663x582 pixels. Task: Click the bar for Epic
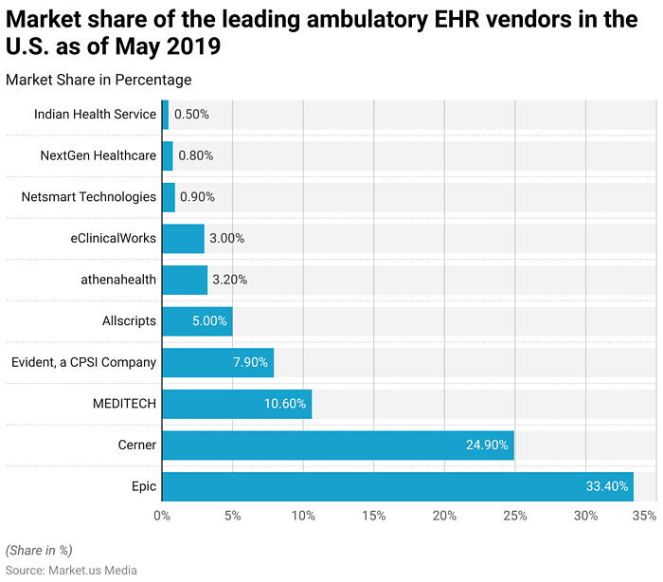[x=397, y=486]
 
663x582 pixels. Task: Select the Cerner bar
[x=337, y=445]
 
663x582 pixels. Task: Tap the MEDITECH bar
[x=237, y=403]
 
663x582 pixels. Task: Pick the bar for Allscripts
[x=197, y=321]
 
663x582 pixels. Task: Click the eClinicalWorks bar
[x=183, y=238]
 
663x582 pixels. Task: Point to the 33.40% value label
[x=607, y=486]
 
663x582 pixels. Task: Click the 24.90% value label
[x=488, y=445]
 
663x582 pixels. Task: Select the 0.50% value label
[x=191, y=114]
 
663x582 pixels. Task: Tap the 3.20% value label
[x=228, y=280]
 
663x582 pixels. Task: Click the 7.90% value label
[x=250, y=362]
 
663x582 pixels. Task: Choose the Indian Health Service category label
[x=95, y=114]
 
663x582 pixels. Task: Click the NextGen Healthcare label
[x=98, y=155]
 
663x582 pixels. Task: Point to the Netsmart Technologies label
[x=88, y=197]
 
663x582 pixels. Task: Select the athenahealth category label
[x=118, y=280]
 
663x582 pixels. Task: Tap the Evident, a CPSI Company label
[x=83, y=362]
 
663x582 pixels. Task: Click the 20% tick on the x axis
[x=444, y=516]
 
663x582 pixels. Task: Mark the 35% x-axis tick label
[x=644, y=516]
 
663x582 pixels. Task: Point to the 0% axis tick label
[x=162, y=516]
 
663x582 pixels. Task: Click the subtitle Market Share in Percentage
[x=99, y=80]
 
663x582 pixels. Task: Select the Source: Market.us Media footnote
[x=71, y=570]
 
